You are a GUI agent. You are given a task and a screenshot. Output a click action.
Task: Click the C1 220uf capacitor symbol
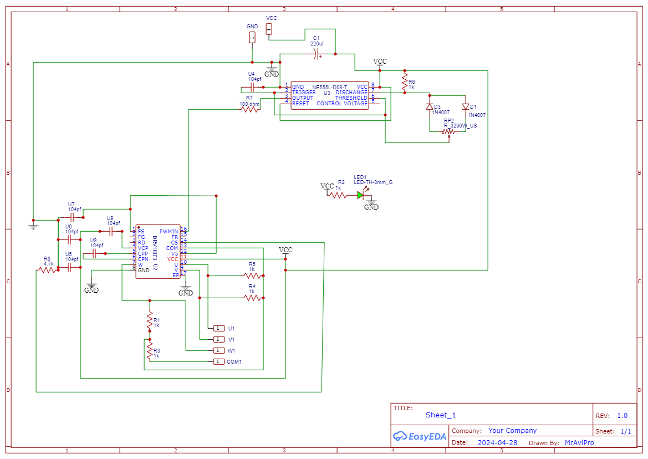[317, 54]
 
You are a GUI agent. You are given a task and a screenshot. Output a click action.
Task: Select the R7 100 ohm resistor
[250, 109]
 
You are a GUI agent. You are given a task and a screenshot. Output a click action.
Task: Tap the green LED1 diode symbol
[361, 195]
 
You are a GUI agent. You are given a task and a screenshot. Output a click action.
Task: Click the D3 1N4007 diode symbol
[430, 106]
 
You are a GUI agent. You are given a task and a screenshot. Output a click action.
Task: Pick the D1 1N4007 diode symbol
[466, 106]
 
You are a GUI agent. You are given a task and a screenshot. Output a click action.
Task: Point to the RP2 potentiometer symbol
[448, 132]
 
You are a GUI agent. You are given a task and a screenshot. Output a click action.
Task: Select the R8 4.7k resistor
[47, 270]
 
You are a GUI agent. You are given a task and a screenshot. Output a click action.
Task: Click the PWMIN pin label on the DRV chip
[169, 231]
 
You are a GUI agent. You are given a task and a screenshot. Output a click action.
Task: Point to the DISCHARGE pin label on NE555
[351, 93]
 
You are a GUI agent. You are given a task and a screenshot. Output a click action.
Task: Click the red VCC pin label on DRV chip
[172, 259]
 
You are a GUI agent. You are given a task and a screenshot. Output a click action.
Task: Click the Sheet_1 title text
[441, 415]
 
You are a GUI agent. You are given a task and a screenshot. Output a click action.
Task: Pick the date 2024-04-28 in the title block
[497, 442]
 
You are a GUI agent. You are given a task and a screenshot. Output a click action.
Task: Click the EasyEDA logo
[420, 436]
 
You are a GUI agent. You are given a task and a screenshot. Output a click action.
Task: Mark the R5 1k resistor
[252, 276]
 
